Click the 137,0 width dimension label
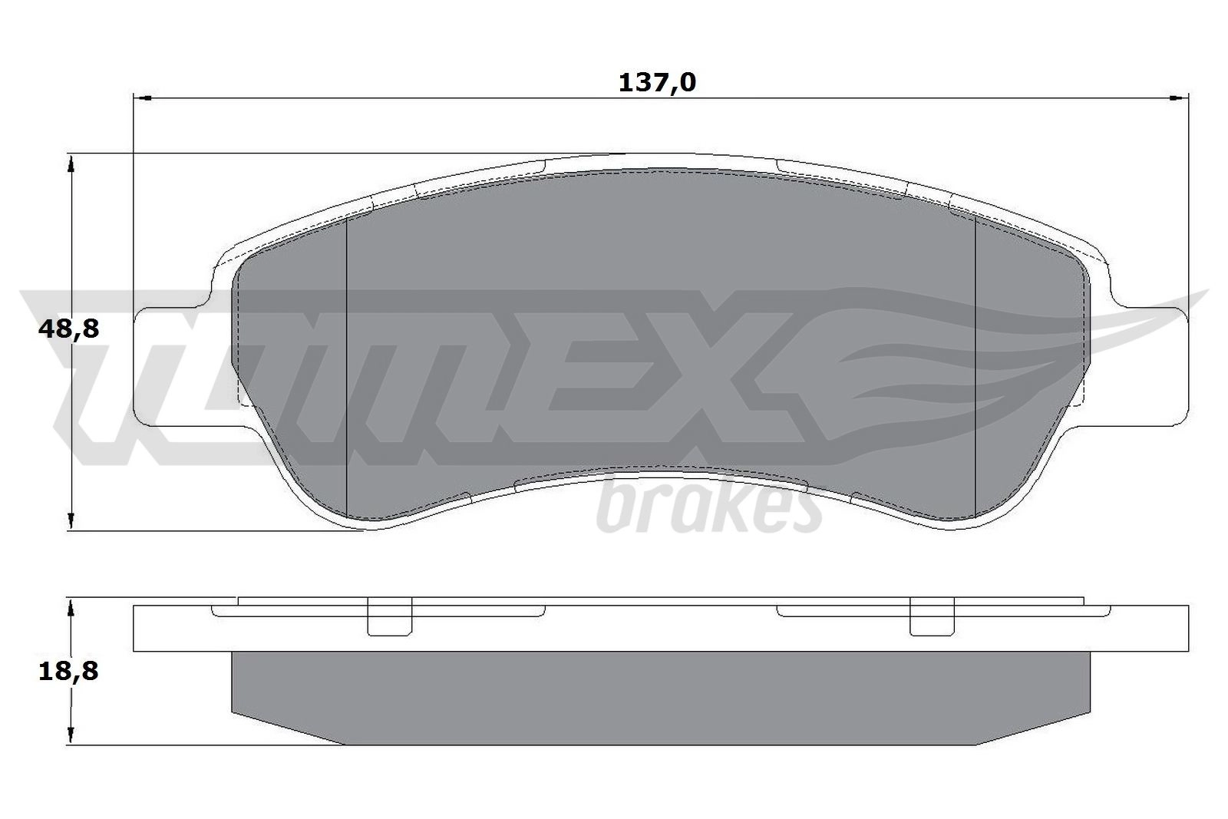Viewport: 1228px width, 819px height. coord(657,83)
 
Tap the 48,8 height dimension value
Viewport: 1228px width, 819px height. coord(68,329)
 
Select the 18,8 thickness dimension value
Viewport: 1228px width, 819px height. coord(68,671)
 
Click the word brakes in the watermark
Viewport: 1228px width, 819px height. coord(709,508)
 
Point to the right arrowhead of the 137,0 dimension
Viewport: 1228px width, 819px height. coord(1180,98)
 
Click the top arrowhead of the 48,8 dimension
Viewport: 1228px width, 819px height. coord(70,163)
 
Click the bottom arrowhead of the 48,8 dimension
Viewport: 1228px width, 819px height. coord(70,520)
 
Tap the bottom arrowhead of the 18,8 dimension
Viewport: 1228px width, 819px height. coord(70,735)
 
